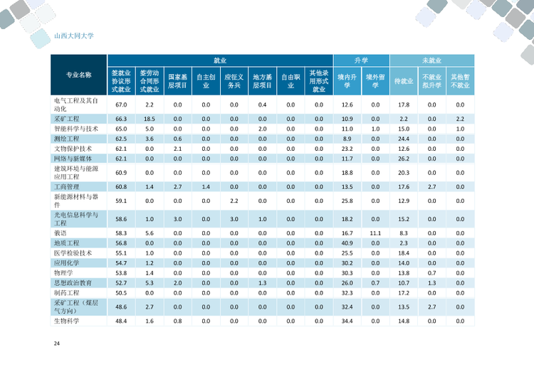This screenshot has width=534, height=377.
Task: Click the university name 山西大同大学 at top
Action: coord(74,35)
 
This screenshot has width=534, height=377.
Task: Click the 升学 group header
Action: coord(361,61)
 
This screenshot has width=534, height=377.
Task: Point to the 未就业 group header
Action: coord(431,61)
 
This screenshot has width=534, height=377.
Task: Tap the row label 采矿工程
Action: coord(68,118)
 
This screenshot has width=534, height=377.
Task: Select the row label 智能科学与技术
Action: coord(76,129)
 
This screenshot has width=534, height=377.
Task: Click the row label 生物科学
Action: coord(68,321)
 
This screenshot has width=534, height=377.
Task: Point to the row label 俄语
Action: coord(61,233)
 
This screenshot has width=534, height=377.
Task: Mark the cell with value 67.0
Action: coord(121,105)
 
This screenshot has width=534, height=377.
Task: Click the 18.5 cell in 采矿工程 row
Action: coord(150,118)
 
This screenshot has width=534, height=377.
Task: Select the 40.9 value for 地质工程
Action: coord(347,243)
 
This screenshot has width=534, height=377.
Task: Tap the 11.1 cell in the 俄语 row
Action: coord(375,233)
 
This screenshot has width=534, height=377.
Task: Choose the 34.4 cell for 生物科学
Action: coord(347,321)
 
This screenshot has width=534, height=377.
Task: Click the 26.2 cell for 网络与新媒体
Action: coord(403,159)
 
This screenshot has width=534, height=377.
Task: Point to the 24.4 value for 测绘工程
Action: coord(403,139)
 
